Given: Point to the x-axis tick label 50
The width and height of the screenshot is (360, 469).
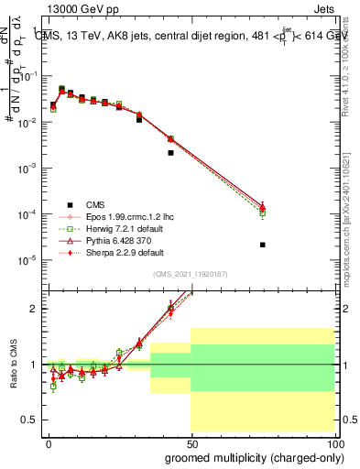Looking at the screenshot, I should [191, 442].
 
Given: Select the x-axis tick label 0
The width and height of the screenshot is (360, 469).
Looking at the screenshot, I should [49, 442].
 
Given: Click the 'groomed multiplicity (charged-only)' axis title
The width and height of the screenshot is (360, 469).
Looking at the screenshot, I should [255, 457].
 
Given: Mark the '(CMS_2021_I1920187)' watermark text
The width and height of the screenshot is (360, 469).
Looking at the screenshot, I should [191, 275].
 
